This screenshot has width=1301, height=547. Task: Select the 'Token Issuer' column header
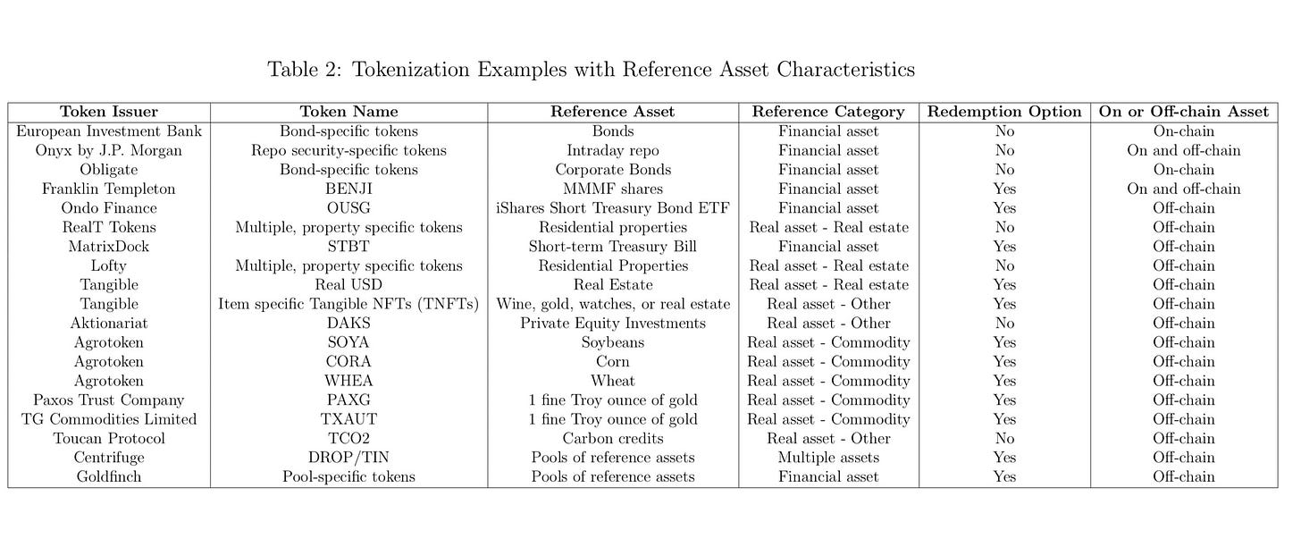click(109, 112)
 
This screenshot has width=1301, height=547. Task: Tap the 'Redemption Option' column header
click(1004, 112)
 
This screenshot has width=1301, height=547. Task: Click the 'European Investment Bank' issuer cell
click(109, 131)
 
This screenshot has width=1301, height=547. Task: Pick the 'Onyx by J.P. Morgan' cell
click(109, 150)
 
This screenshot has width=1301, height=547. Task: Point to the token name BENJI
click(348, 189)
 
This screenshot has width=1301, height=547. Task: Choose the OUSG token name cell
click(348, 208)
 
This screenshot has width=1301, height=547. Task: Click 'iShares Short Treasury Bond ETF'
click(613, 208)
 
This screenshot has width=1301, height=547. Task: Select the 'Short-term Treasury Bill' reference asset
click(613, 247)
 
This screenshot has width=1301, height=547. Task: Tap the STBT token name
click(348, 247)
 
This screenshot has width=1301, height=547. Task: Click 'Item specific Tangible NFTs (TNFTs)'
click(348, 304)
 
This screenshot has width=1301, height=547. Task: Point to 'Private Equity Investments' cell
click(613, 324)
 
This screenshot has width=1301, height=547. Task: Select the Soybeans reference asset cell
click(613, 342)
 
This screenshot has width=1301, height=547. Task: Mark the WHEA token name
click(348, 381)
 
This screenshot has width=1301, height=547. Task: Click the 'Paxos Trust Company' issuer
click(109, 400)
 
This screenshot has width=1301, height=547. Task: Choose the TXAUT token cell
click(348, 419)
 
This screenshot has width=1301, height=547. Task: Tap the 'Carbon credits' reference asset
click(613, 439)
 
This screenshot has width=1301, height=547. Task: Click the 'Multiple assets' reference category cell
click(828, 458)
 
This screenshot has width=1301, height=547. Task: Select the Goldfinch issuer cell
click(109, 477)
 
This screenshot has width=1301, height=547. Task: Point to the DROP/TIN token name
click(348, 458)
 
